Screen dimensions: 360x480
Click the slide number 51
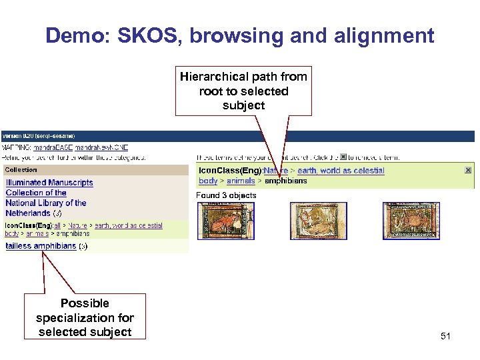tap(445, 336)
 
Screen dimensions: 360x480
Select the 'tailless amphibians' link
tap(41, 246)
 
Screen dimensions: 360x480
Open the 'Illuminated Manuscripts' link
tap(49, 183)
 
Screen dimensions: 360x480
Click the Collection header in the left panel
tap(21, 170)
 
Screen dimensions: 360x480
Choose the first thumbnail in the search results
tap(226, 221)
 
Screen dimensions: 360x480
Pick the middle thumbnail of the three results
tap(318, 221)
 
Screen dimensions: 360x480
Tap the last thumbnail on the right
tap(411, 221)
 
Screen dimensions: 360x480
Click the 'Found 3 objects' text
tap(226, 195)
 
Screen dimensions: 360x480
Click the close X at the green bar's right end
tap(468, 171)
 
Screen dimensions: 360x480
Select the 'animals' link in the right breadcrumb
tap(241, 181)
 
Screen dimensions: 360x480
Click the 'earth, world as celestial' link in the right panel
tap(341, 171)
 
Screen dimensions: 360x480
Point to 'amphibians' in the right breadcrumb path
tap(286, 181)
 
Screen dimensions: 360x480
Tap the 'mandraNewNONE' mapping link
tap(101, 147)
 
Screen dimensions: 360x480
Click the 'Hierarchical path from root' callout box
tap(243, 91)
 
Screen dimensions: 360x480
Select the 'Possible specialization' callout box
tap(85, 317)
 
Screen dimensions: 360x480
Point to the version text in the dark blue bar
tap(39, 136)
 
